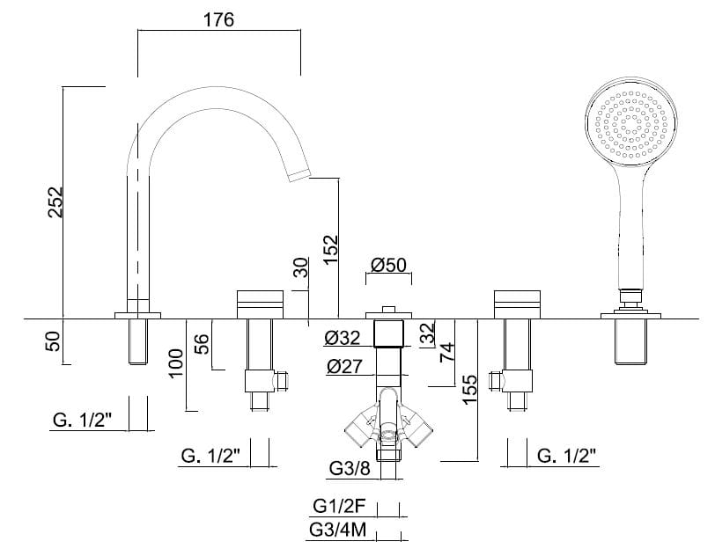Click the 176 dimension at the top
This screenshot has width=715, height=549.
(218, 19)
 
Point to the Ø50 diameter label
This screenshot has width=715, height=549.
(388, 266)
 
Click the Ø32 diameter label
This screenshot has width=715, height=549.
(342, 337)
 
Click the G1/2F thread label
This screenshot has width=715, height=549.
(340, 507)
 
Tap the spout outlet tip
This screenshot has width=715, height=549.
(300, 172)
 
